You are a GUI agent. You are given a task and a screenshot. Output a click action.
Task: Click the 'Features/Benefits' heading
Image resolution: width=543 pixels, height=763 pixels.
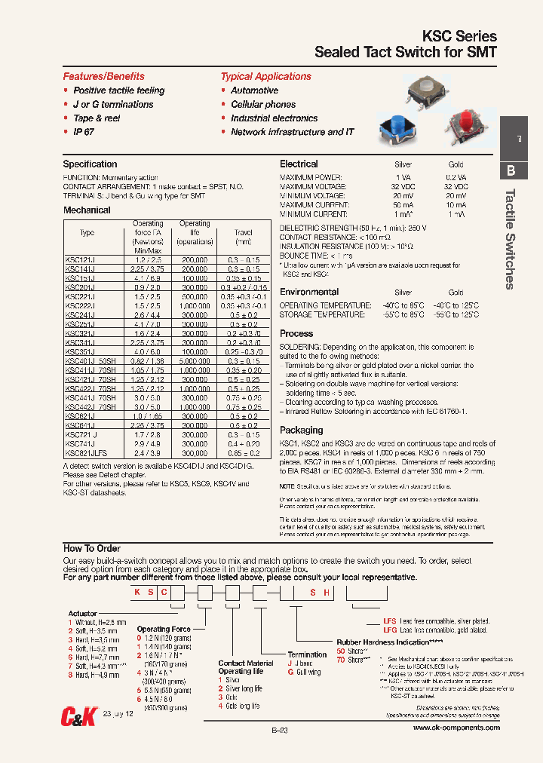(x=103, y=76)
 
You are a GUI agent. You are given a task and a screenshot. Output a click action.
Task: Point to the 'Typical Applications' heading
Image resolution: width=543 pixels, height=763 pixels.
(x=265, y=76)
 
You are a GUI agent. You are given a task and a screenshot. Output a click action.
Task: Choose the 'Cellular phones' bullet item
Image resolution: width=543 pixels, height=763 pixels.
(x=263, y=105)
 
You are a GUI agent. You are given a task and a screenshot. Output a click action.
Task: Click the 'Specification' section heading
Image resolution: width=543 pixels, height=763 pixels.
(x=90, y=164)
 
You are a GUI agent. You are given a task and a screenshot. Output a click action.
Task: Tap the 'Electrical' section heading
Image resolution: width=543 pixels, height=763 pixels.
(x=299, y=164)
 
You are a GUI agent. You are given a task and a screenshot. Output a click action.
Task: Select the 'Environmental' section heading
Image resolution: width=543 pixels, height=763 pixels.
(x=309, y=292)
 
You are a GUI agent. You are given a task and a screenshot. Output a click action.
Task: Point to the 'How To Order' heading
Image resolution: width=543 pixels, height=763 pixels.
(x=91, y=548)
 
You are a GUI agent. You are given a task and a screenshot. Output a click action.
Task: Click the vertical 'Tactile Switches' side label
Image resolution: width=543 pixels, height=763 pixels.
(x=510, y=238)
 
